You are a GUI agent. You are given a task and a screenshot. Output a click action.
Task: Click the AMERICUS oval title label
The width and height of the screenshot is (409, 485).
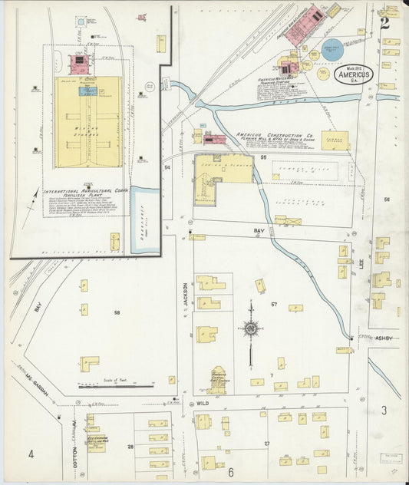(x=354, y=74)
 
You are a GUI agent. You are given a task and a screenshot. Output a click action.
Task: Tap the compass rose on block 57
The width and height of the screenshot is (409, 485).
(x=250, y=328)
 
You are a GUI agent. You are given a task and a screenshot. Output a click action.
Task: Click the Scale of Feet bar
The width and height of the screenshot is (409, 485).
(x=115, y=386)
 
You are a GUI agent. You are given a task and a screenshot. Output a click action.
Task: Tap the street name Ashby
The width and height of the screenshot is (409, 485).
(x=383, y=338)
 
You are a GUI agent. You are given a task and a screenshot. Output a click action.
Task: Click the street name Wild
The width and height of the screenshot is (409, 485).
(x=203, y=402)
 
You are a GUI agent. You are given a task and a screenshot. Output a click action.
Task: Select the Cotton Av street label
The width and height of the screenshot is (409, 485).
(x=75, y=458)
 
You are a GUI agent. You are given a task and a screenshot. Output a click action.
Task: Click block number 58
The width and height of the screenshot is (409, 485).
(x=117, y=312)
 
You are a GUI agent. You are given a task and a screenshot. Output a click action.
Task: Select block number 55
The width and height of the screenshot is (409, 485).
(x=262, y=157)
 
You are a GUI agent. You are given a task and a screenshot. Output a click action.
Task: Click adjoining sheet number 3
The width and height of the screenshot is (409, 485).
(x=384, y=411)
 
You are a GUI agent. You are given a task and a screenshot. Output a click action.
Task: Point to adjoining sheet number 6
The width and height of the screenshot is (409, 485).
(x=229, y=472)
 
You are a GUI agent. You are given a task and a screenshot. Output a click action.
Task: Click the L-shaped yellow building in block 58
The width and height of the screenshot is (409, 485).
(x=89, y=363)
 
